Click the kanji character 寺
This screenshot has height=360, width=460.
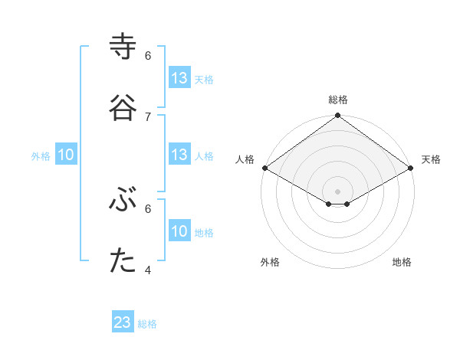click(123, 47)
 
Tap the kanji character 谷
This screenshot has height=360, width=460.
click(123, 107)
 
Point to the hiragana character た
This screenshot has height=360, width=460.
click(123, 261)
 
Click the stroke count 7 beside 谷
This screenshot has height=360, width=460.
click(148, 116)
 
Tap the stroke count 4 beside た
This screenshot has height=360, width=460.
click(148, 270)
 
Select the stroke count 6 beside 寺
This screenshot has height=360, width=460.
click(148, 55)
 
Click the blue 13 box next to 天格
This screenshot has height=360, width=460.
click(179, 78)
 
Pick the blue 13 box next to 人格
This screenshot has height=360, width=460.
click(179, 155)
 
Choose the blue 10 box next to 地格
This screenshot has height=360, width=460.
click(179, 231)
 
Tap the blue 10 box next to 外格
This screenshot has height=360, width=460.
click(66, 155)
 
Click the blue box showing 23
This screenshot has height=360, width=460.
click(123, 322)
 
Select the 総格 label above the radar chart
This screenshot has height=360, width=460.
click(338, 100)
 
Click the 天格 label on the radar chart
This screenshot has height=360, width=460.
click(431, 159)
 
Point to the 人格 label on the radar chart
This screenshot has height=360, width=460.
click(245, 159)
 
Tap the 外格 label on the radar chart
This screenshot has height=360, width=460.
click(270, 262)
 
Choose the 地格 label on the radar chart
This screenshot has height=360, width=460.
click(402, 262)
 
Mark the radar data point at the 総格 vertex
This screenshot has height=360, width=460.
click(337, 116)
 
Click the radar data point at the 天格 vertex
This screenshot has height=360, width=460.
click(411, 168)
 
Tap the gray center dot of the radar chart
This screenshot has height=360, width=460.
click(337, 191)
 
